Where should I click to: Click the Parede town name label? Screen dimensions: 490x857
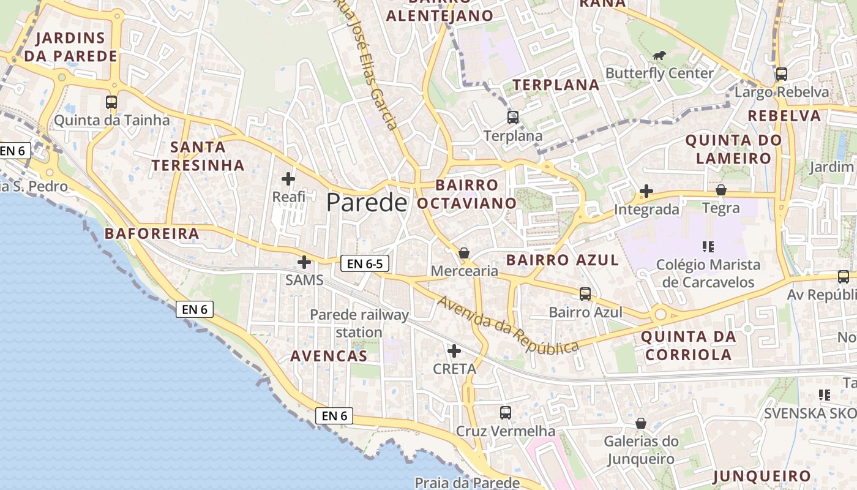(367, 202)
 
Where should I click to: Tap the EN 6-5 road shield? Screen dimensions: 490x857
(364, 264)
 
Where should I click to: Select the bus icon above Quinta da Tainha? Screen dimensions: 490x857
(111, 102)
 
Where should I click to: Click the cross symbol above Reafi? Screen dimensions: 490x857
(288, 179)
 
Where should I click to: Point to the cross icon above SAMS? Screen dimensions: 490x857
(304, 262)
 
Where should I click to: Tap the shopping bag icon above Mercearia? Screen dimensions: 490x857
(464, 253)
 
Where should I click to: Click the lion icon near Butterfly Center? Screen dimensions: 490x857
(659, 56)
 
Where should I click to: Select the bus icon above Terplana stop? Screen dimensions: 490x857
(513, 118)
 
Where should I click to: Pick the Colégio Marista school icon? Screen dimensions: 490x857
(708, 247)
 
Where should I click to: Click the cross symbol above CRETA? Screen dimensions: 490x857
(454, 351)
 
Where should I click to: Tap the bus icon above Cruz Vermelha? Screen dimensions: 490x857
(505, 413)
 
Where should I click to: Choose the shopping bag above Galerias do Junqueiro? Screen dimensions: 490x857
(641, 423)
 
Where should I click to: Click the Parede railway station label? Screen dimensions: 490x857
(359, 323)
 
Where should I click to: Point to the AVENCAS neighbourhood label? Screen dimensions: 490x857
(329, 356)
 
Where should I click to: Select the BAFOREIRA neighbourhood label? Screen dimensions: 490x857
(152, 233)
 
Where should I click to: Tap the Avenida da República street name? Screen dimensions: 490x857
(507, 325)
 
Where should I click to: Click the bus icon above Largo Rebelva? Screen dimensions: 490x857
(781, 74)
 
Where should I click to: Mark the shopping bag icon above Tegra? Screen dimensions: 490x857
(721, 190)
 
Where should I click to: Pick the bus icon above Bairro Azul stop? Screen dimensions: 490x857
(585, 294)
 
